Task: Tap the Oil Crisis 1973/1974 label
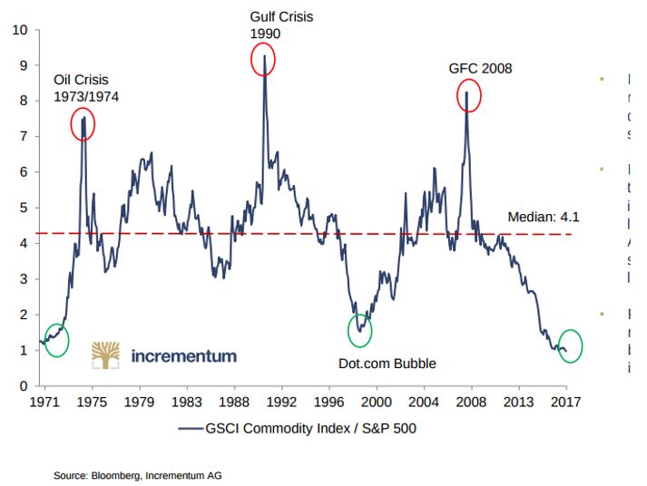86,88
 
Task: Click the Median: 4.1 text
543,218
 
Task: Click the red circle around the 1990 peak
263,60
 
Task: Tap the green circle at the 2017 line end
570,345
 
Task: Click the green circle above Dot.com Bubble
360,328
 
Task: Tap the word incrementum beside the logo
184,355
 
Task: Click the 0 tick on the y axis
25,386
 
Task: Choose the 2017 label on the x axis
566,401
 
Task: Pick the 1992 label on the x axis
281,401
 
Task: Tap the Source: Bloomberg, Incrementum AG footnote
137,475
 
